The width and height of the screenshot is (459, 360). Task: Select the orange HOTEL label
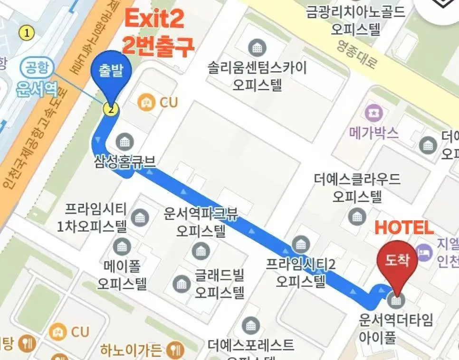404,228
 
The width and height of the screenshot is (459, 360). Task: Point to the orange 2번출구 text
158,46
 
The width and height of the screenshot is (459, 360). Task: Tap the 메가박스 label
373,133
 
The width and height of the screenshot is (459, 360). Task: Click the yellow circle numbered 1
27,33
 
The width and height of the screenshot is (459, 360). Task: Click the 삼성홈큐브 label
125,161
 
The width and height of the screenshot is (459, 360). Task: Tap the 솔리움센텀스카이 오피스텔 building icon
257,47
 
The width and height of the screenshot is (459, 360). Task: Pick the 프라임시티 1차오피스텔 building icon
140,217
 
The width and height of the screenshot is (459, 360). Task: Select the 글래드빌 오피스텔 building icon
182,284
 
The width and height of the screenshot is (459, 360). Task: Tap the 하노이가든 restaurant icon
177,351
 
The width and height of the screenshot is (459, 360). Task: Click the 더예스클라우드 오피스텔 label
357,187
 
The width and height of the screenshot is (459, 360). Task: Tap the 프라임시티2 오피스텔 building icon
300,245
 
